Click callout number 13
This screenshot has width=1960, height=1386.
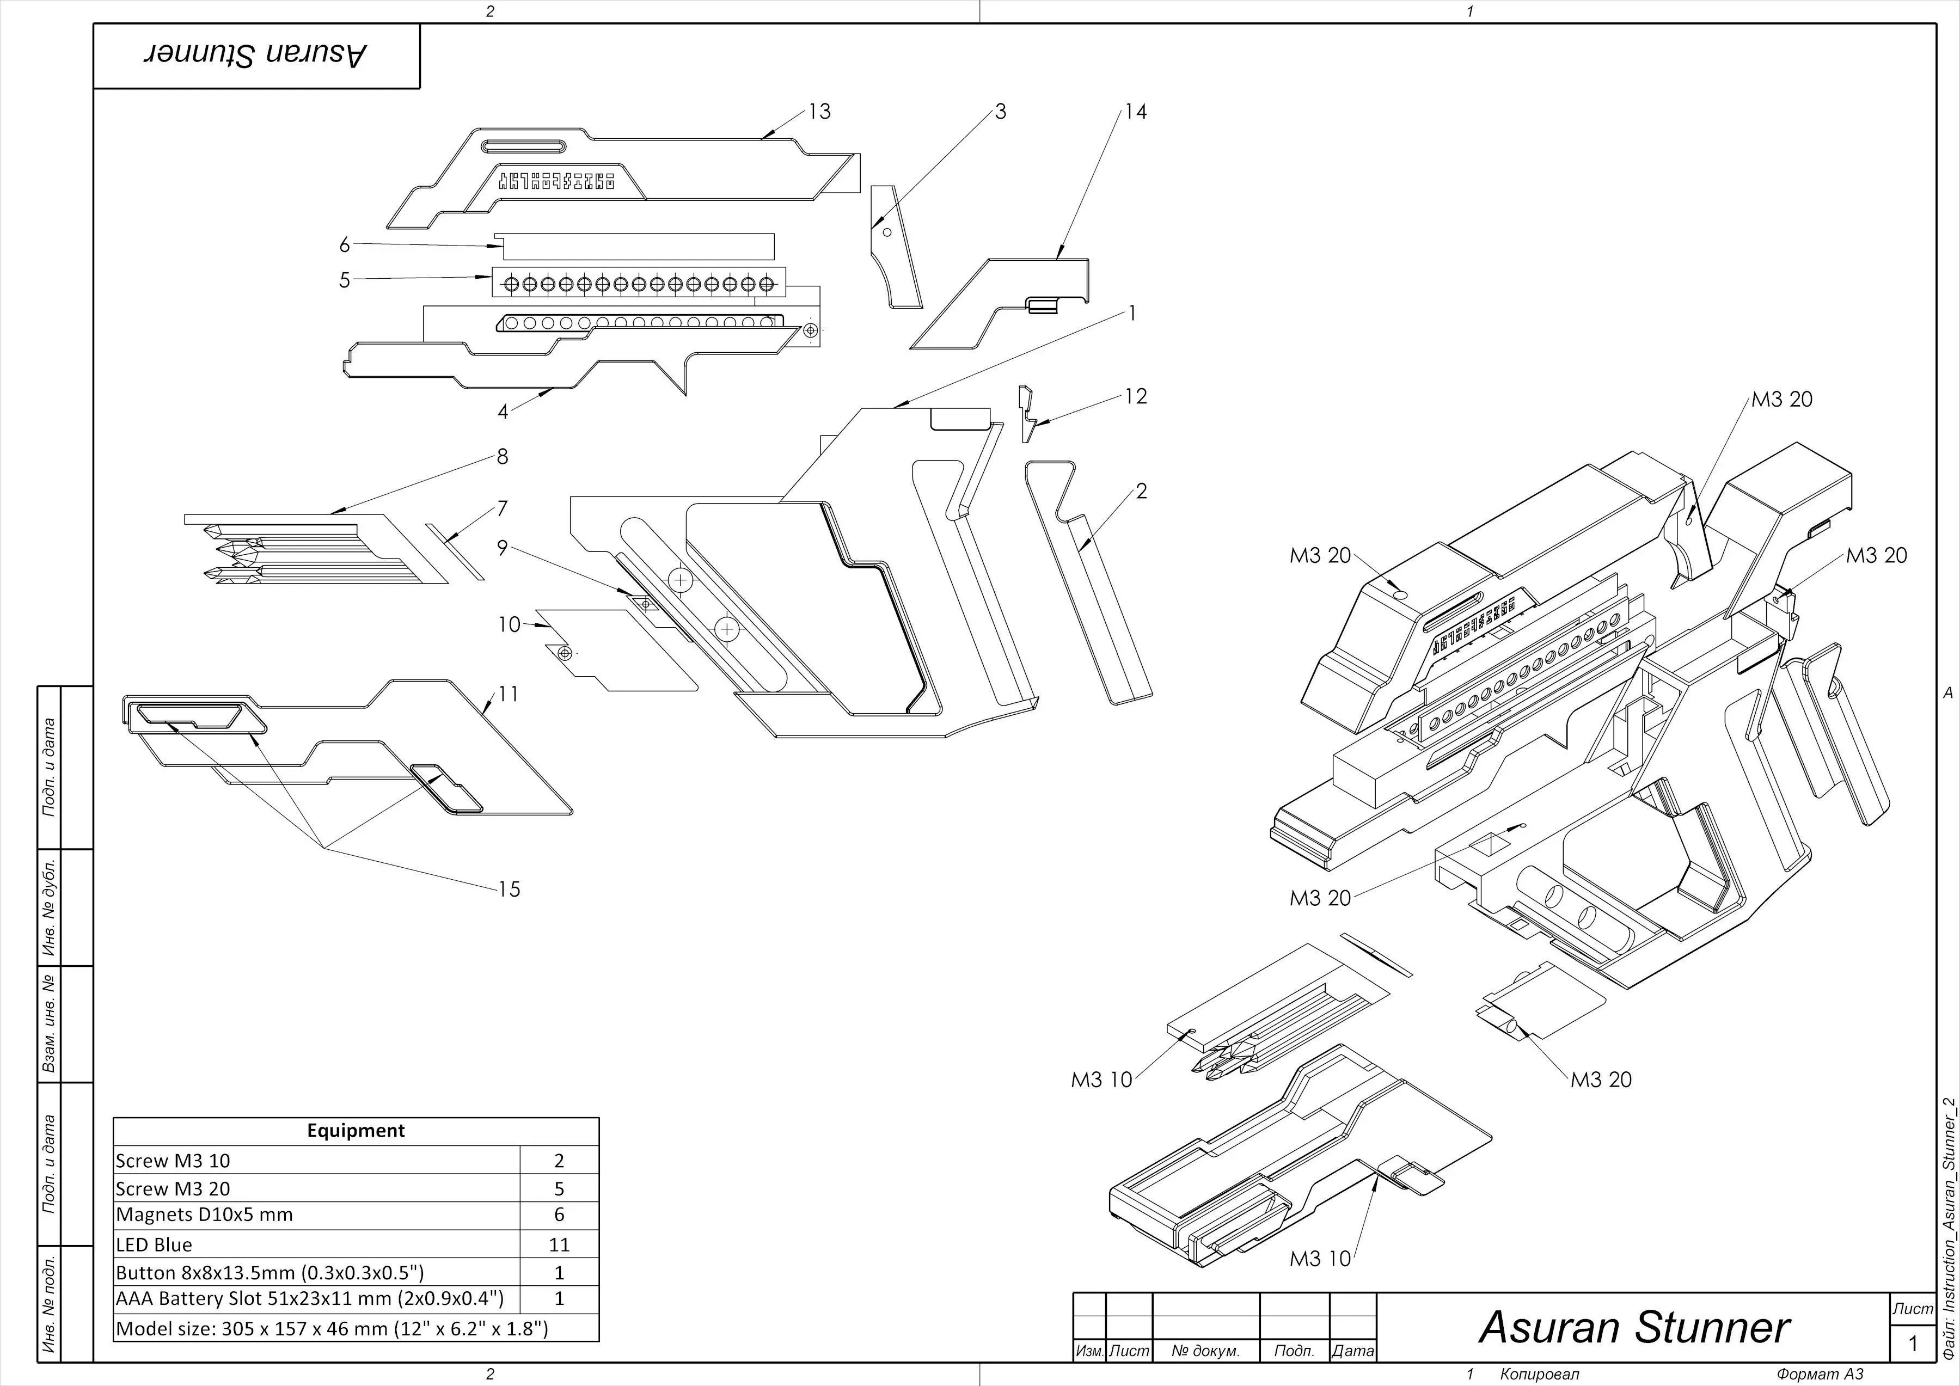point(819,112)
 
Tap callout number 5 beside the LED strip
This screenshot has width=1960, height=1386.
point(344,280)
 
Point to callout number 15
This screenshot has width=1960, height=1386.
point(509,890)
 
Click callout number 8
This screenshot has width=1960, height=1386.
point(502,457)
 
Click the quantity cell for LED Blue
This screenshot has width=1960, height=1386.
point(559,1244)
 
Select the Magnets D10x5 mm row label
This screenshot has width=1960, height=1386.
point(204,1215)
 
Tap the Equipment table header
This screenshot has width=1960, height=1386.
point(356,1131)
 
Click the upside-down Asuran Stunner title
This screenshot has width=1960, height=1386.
point(256,56)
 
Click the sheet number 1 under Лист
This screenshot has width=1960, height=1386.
point(1913,1344)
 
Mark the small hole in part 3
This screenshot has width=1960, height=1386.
point(887,232)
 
